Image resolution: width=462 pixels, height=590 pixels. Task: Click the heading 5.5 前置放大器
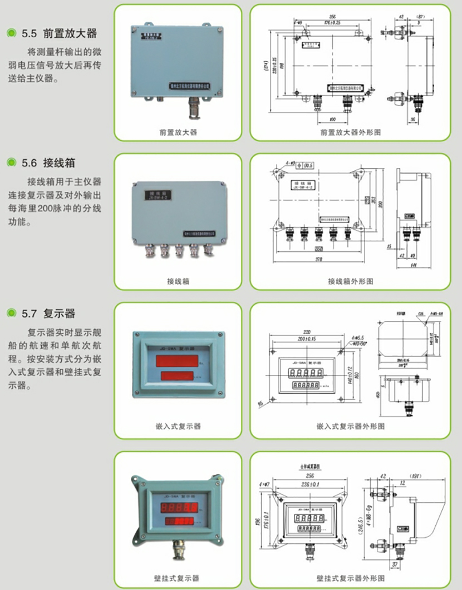click(59, 34)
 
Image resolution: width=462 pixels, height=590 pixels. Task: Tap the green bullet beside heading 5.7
click(11, 314)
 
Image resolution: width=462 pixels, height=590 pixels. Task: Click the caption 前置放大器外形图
click(350, 133)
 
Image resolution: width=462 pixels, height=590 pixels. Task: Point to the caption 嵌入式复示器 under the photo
click(178, 427)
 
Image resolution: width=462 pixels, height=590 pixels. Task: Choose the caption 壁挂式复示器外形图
click(350, 578)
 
